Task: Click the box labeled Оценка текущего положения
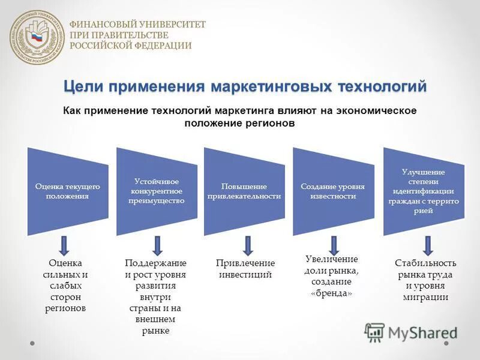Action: click(x=67, y=191)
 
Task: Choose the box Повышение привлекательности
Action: click(x=244, y=191)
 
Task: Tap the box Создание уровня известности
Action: click(x=332, y=191)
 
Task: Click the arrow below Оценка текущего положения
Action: click(x=65, y=245)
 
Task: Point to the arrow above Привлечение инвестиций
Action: click(x=247, y=245)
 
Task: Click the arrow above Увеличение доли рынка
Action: click(x=334, y=244)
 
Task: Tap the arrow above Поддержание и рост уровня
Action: click(x=157, y=245)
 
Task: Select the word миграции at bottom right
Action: click(x=426, y=297)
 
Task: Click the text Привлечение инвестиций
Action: click(x=245, y=269)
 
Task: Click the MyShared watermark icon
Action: click(x=374, y=332)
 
